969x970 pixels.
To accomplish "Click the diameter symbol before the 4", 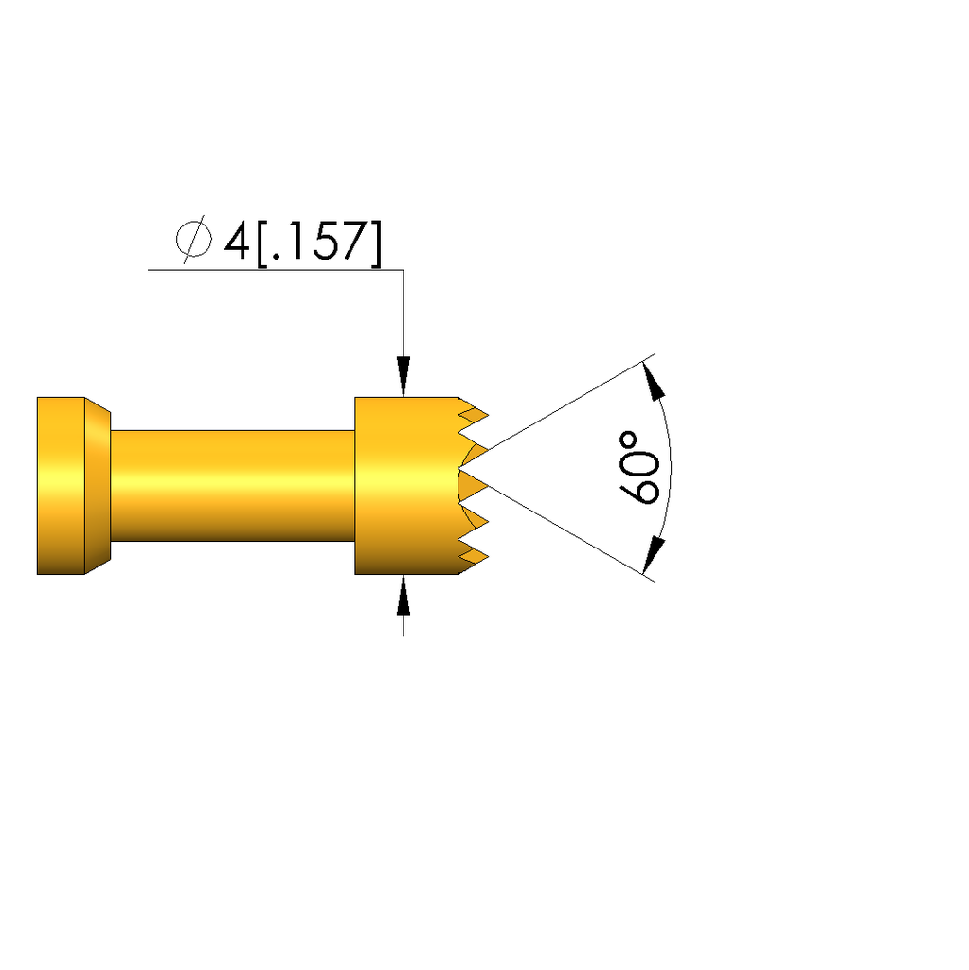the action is pos(194,240).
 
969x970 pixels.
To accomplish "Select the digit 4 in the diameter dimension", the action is pos(237,241).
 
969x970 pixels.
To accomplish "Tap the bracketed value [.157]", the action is pos(319,243).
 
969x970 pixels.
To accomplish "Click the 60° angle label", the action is pos(639,468).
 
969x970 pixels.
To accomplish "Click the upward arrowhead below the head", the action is pos(404,595).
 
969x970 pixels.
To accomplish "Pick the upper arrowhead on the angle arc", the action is pos(654,381).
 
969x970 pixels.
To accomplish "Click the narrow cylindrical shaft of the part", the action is pos(233,486).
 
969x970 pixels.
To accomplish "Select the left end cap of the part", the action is pos(61,486).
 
